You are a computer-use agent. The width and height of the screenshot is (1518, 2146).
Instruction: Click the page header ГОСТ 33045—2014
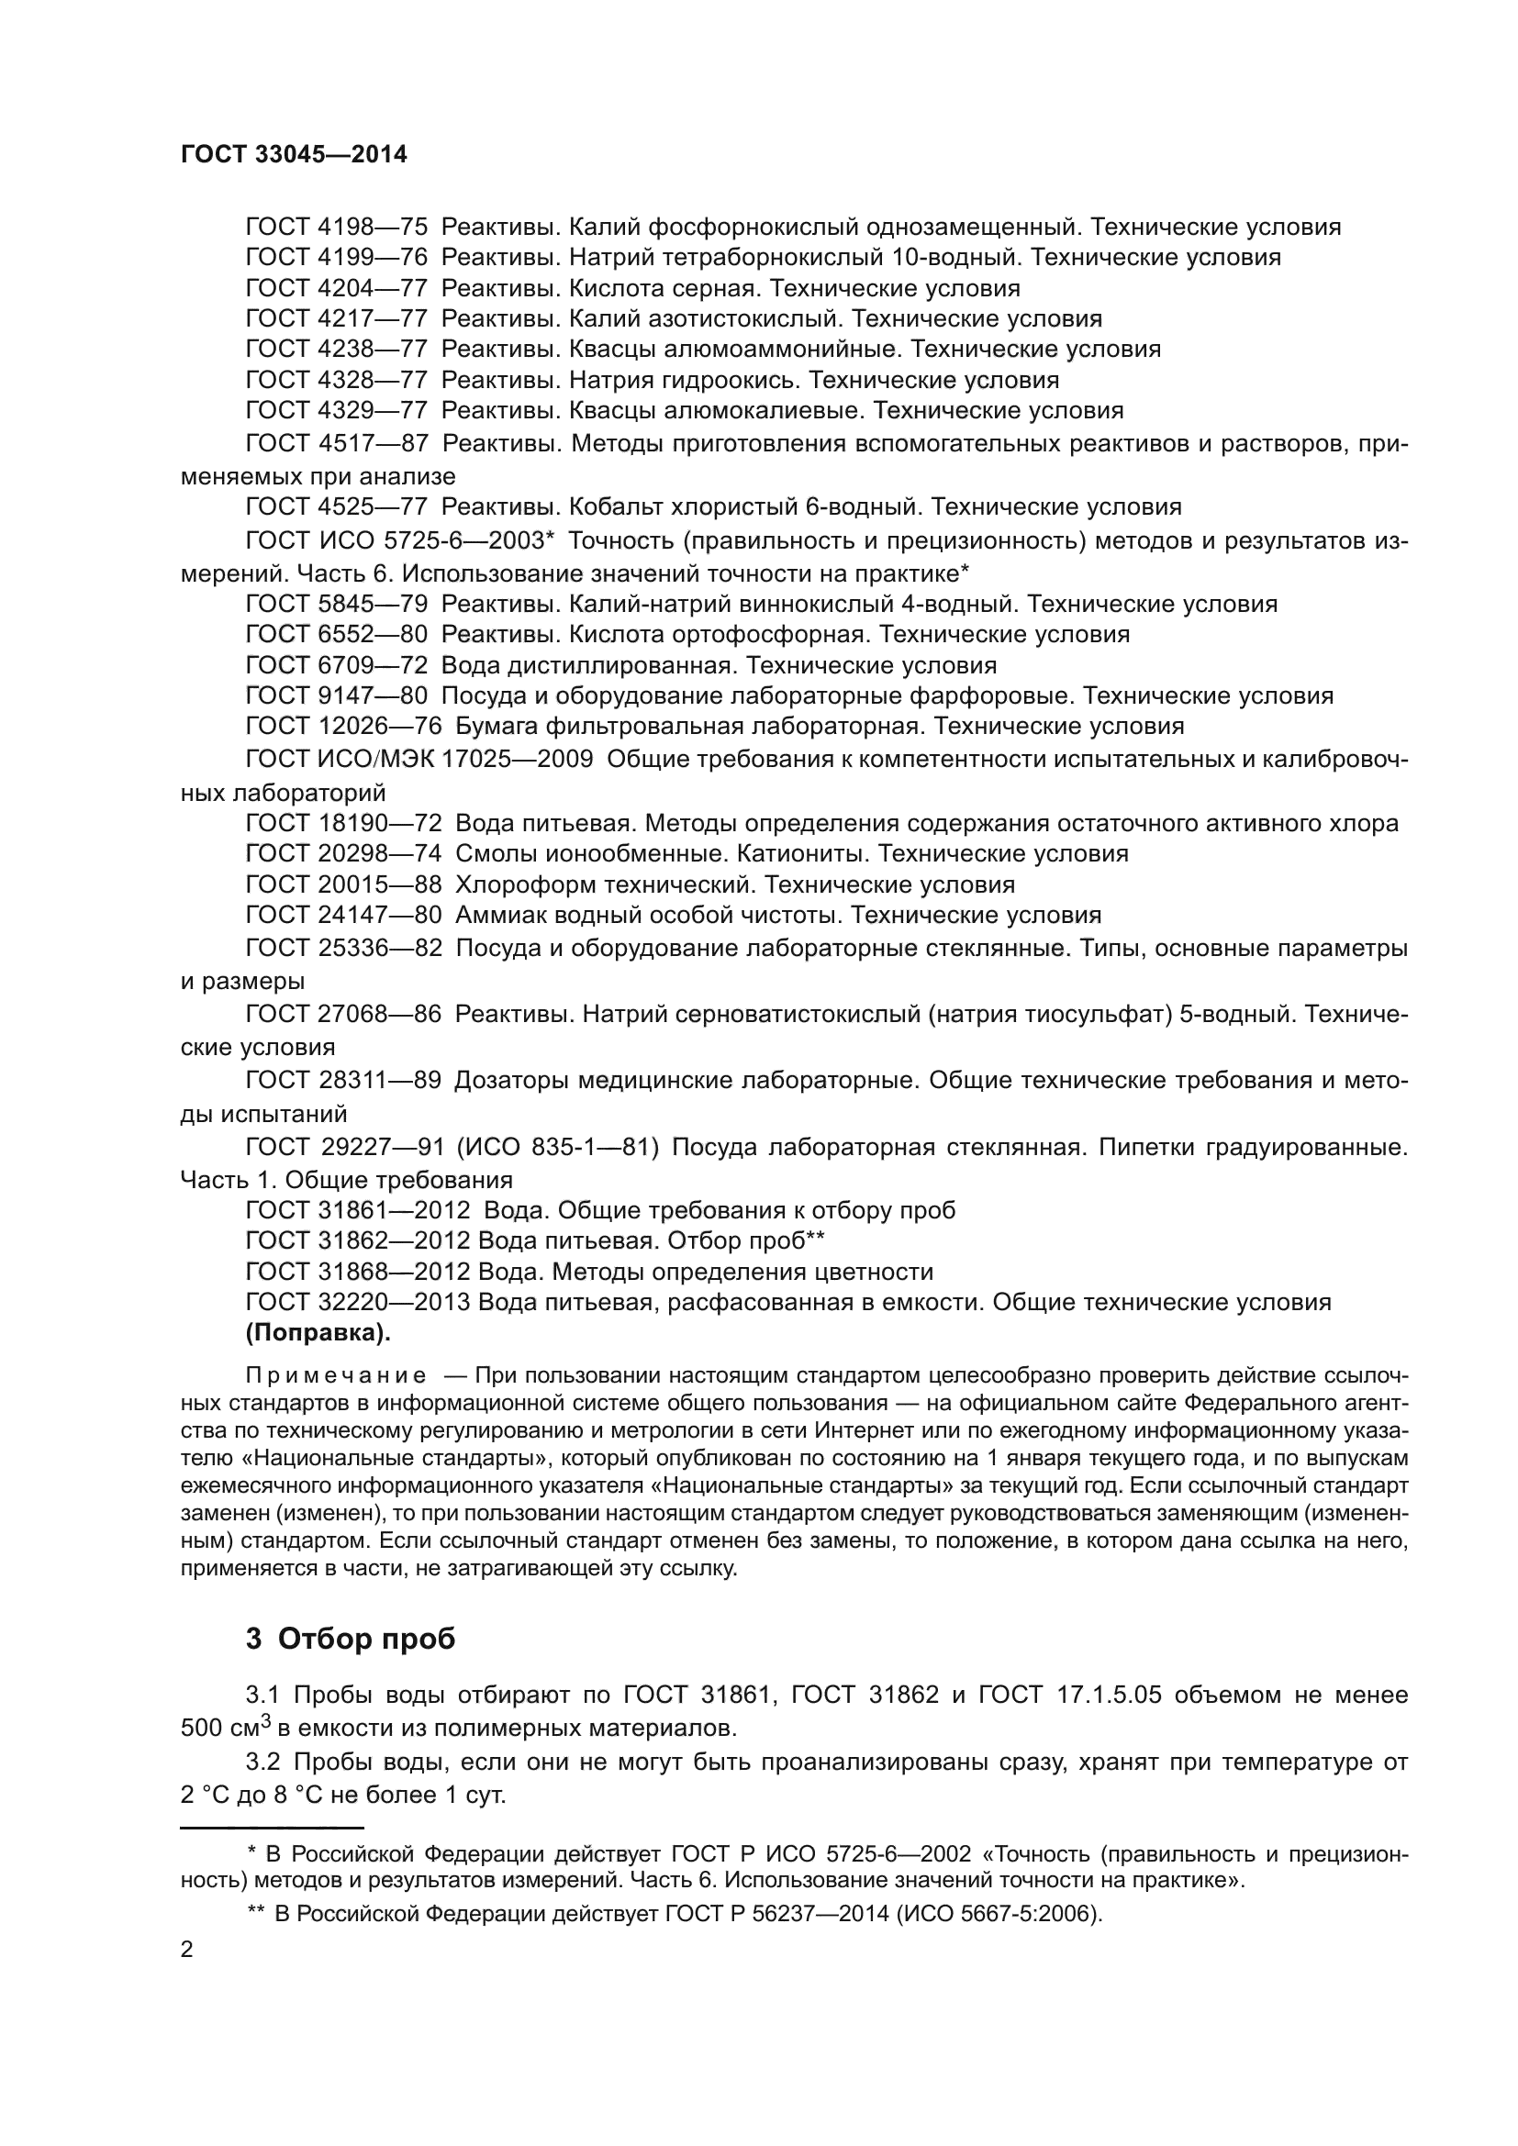pos(294,154)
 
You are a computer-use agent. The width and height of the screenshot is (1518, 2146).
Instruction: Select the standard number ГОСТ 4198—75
pos(337,228)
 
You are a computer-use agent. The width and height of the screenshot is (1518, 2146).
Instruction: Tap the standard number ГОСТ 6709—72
pos(337,665)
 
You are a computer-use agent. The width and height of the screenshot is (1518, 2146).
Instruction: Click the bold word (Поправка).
pos(318,1334)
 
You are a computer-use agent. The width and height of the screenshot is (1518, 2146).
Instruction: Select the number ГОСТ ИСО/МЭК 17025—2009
pos(419,759)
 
